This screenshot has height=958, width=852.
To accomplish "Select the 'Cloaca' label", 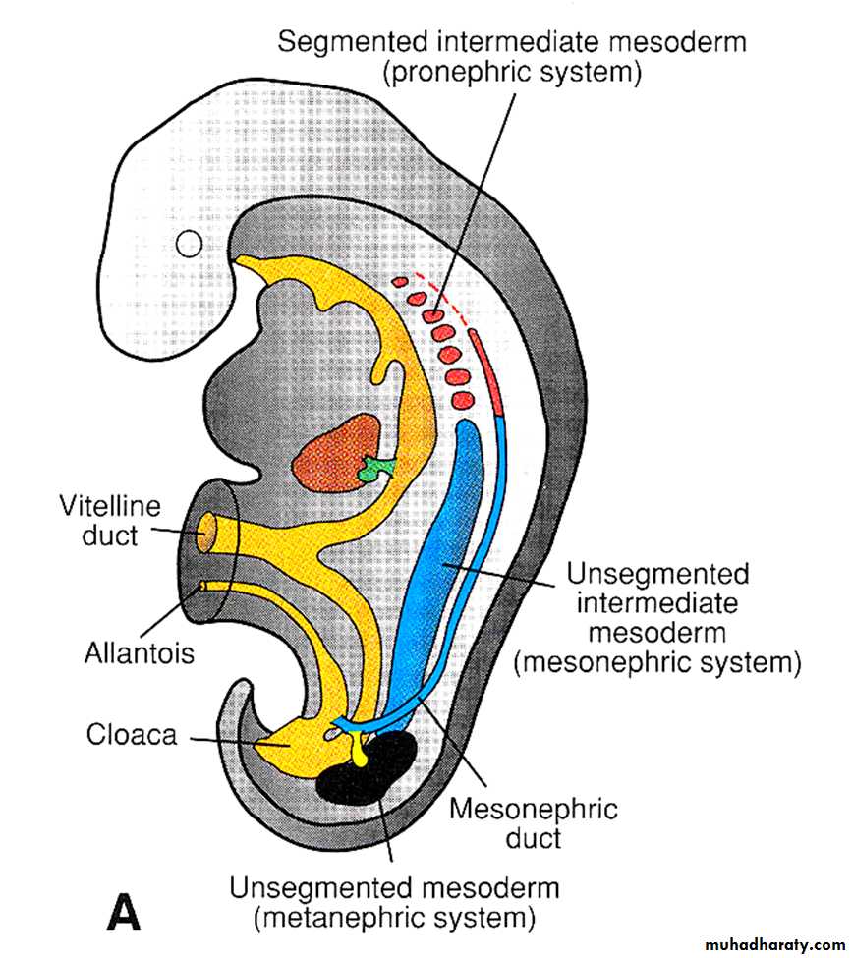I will (132, 734).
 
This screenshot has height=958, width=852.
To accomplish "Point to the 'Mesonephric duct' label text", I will (533, 823).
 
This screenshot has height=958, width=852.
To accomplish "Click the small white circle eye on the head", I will (189, 243).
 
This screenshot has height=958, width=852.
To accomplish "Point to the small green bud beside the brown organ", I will (374, 469).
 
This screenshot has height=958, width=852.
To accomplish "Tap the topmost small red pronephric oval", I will (399, 282).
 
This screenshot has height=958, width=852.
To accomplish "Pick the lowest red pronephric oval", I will (464, 400).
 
